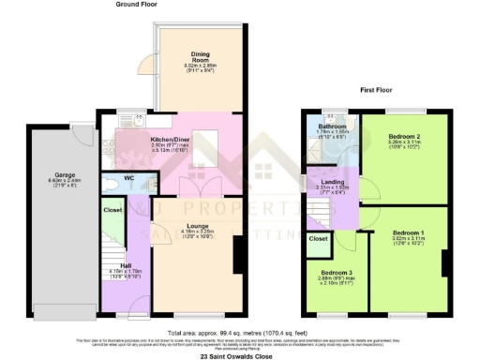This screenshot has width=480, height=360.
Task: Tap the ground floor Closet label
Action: (112, 210)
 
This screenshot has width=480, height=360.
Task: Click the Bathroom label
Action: (332, 127)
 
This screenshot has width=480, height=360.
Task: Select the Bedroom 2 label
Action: (404, 137)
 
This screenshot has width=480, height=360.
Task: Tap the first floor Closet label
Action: (318, 239)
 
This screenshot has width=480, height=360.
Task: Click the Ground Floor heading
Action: (135, 5)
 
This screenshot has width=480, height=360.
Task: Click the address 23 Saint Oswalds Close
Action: (239, 354)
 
